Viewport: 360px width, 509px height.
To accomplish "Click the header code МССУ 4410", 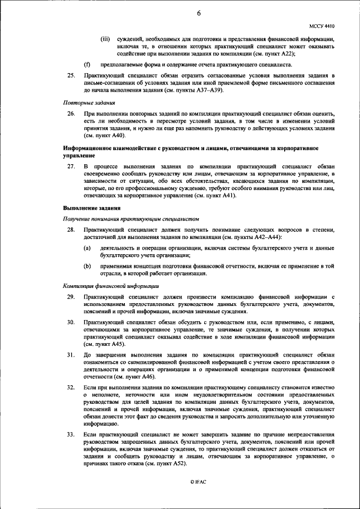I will click(322, 26).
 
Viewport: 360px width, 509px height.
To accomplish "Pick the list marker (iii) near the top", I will click(105, 39).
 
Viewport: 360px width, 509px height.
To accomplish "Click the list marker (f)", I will click(87, 64).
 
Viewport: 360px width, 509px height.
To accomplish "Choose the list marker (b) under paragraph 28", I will click(87, 266).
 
